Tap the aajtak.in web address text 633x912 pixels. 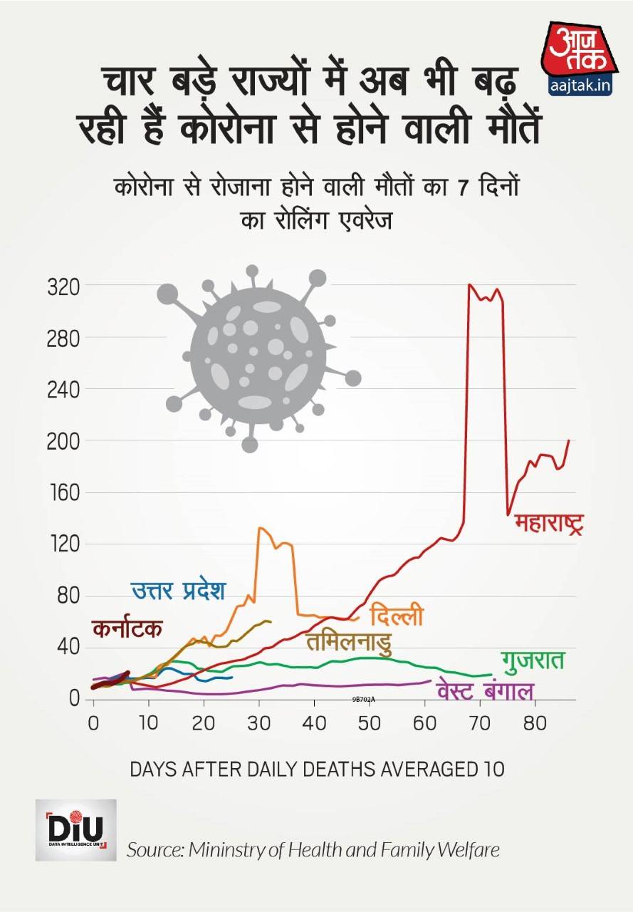click(x=580, y=86)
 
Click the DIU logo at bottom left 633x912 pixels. click(x=75, y=829)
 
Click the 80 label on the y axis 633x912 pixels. click(x=67, y=596)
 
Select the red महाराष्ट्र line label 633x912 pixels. click(x=549, y=525)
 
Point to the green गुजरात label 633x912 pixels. click(x=533, y=659)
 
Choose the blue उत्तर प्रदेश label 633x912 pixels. click(x=178, y=591)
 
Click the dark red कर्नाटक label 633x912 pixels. click(x=127, y=629)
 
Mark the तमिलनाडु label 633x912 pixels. click(x=349, y=642)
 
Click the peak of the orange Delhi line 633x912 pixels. click(x=260, y=528)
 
